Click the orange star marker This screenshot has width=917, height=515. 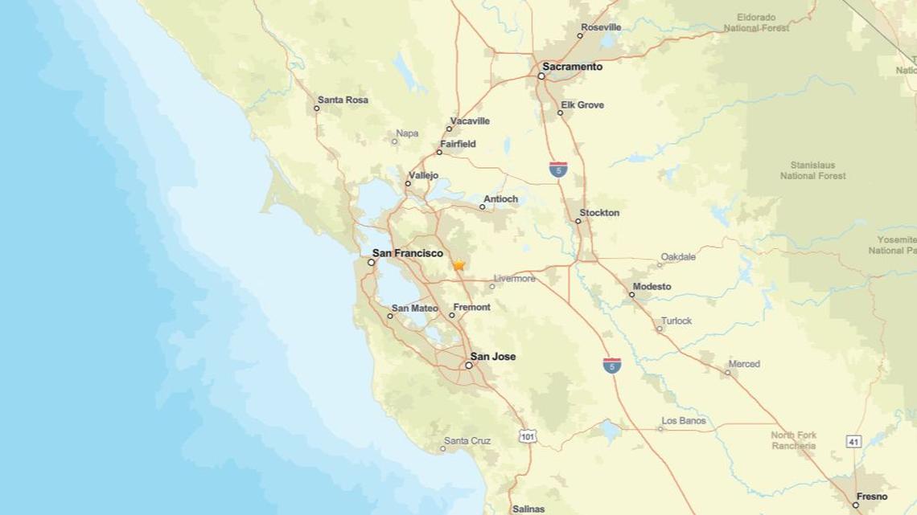[x=458, y=264]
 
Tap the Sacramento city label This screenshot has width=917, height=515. [x=572, y=67]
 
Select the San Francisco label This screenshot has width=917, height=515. [x=407, y=253]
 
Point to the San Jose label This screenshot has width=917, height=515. [x=492, y=356]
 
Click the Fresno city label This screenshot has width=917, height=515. [x=872, y=497]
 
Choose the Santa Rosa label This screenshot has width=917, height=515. [x=343, y=100]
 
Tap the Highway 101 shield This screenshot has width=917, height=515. [x=528, y=436]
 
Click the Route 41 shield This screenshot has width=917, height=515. [x=853, y=441]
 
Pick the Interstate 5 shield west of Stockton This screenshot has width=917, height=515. [x=558, y=169]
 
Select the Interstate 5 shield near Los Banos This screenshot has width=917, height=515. [x=612, y=366]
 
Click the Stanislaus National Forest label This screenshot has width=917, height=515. [x=812, y=170]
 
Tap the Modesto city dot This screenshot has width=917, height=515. [x=631, y=295]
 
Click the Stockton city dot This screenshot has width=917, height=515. [x=578, y=221]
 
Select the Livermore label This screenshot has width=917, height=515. [x=514, y=279]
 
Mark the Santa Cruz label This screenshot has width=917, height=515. [x=467, y=440]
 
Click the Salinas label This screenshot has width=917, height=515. [x=528, y=509]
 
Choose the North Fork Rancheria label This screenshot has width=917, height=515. [x=793, y=440]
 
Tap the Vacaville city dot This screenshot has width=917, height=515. [x=450, y=129]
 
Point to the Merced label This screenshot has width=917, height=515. [x=743, y=364]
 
